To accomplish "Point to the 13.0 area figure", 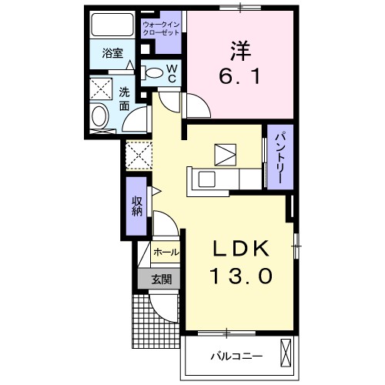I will pyautogui.click(x=240, y=275).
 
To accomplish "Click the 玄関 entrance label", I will pyautogui.click(x=161, y=278).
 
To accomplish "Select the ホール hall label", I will pyautogui.click(x=166, y=253).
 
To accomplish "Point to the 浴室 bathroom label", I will pyautogui.click(x=112, y=53).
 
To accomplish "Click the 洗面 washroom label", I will pyautogui.click(x=124, y=99).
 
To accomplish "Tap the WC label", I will pyautogui.click(x=172, y=73).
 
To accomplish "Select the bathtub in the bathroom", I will pyautogui.click(x=112, y=25).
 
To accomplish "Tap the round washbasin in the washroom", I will pyautogui.click(x=99, y=118).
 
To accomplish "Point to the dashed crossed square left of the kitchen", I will pyautogui.click(x=138, y=156).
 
